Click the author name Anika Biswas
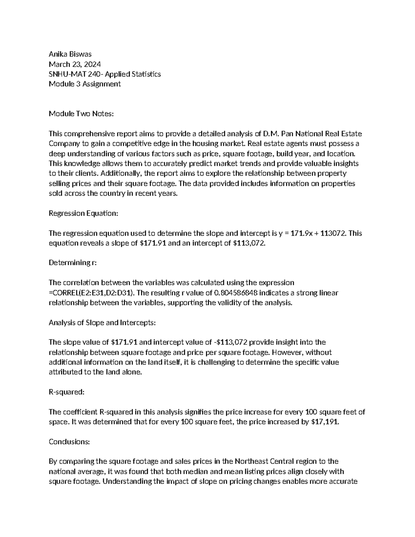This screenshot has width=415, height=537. (70, 54)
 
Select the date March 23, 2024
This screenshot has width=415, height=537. (75, 64)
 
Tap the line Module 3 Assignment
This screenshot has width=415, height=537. (85, 84)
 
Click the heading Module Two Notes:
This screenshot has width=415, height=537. (81, 114)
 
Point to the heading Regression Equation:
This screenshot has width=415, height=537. (83, 213)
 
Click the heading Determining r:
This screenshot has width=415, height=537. (73, 263)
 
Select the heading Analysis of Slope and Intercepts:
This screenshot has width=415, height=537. (102, 323)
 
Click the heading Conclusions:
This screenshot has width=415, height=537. (70, 442)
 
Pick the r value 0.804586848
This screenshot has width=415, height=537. (236, 293)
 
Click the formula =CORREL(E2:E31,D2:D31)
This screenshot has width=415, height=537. (92, 293)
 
